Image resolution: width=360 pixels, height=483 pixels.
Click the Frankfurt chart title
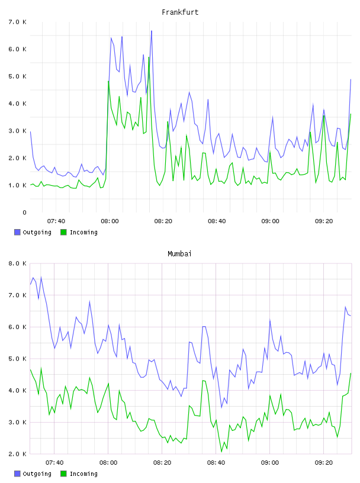(180, 12)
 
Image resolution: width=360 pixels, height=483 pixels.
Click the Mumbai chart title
(179, 254)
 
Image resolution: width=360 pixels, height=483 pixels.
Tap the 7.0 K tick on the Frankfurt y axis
(18, 22)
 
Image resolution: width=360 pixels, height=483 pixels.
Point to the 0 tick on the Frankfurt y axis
(25, 212)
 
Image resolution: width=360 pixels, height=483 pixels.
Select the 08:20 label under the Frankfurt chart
(163, 221)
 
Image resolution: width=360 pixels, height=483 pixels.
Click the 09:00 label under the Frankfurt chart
(271, 221)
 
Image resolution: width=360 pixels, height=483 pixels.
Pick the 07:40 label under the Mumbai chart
(54, 463)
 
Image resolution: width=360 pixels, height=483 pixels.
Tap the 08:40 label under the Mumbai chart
(216, 463)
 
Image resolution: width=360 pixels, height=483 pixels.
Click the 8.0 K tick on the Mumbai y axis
(18, 263)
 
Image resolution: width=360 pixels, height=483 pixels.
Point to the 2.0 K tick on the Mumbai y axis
(18, 454)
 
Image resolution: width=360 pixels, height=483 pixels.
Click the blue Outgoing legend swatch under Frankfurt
(17, 232)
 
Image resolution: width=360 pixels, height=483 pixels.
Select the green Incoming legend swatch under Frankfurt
(63, 232)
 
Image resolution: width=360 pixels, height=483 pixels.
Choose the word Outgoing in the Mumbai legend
(37, 474)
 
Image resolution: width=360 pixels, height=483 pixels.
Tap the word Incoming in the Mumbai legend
(83, 474)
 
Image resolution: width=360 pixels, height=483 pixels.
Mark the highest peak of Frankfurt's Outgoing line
(152, 31)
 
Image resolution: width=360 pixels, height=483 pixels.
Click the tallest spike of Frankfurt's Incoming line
(149, 57)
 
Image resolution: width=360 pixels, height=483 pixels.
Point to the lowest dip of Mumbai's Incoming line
(221, 452)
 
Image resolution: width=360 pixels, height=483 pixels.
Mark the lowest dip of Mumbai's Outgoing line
(221, 407)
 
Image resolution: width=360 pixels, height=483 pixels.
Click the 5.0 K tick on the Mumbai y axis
(18, 359)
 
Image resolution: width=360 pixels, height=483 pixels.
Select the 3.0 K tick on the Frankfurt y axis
(18, 131)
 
